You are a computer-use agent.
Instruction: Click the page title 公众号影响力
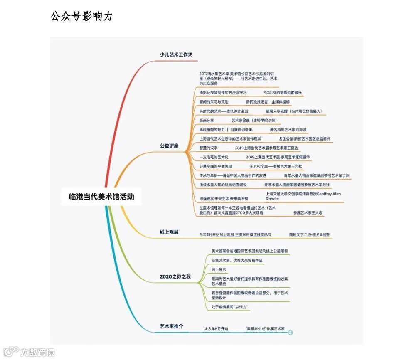tap(81, 16)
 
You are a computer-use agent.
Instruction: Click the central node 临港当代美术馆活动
tap(101, 196)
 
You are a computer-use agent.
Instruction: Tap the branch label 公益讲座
tap(169, 146)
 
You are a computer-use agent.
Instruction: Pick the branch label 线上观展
tap(169, 232)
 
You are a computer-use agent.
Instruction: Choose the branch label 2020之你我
tap(175, 276)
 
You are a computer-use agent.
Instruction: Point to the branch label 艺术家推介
tap(171, 326)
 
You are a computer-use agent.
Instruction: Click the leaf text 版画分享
tap(207, 121)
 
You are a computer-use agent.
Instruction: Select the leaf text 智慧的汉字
tap(208, 148)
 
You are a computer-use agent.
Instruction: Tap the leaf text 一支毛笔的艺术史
tap(214, 157)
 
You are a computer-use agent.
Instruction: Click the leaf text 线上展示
tap(219, 270)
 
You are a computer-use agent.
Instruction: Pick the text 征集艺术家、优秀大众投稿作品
tap(237, 261)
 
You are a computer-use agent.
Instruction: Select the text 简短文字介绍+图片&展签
tap(309, 235)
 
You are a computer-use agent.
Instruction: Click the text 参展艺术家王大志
tap(308, 213)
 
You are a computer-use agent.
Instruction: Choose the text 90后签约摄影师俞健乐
tap(283, 93)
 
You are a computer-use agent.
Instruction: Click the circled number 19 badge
tap(291, 332)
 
